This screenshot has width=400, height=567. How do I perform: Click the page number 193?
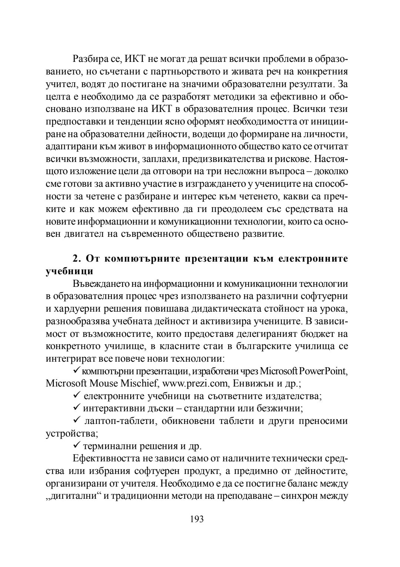(x=197, y=519)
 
